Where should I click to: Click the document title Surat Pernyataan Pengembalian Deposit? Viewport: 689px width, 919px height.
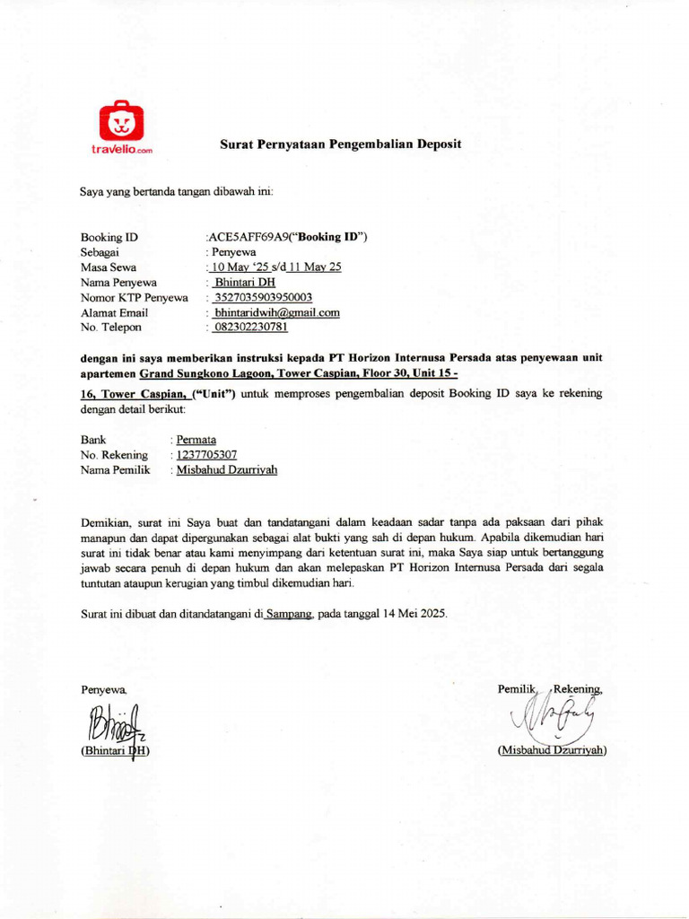[341, 144]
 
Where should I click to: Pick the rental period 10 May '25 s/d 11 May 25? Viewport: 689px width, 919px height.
[274, 267]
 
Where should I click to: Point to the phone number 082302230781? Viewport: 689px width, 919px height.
[250, 328]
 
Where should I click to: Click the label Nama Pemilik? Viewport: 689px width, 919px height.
[115, 470]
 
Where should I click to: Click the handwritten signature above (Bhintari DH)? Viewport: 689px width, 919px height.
[117, 724]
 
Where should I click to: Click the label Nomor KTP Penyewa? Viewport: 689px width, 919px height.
[135, 297]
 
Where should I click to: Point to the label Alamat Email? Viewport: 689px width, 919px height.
[114, 312]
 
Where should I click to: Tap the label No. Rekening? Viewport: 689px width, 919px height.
[114, 455]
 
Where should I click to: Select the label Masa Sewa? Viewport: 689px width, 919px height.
[109, 267]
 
